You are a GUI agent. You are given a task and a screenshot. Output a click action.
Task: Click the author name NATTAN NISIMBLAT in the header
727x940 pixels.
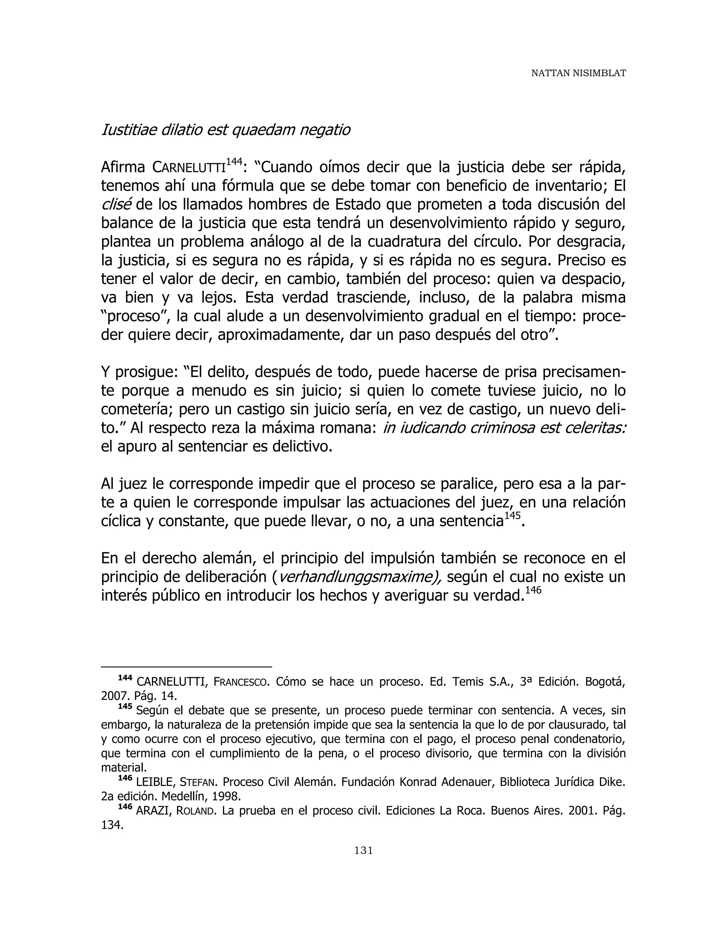tap(578, 73)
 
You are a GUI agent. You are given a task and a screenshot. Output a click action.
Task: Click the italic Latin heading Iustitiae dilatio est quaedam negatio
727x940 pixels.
tap(225, 129)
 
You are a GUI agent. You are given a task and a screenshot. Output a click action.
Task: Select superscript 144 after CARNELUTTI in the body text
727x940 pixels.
tap(234, 161)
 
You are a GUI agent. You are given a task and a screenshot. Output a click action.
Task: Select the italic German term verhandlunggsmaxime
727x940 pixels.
tap(360, 577)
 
